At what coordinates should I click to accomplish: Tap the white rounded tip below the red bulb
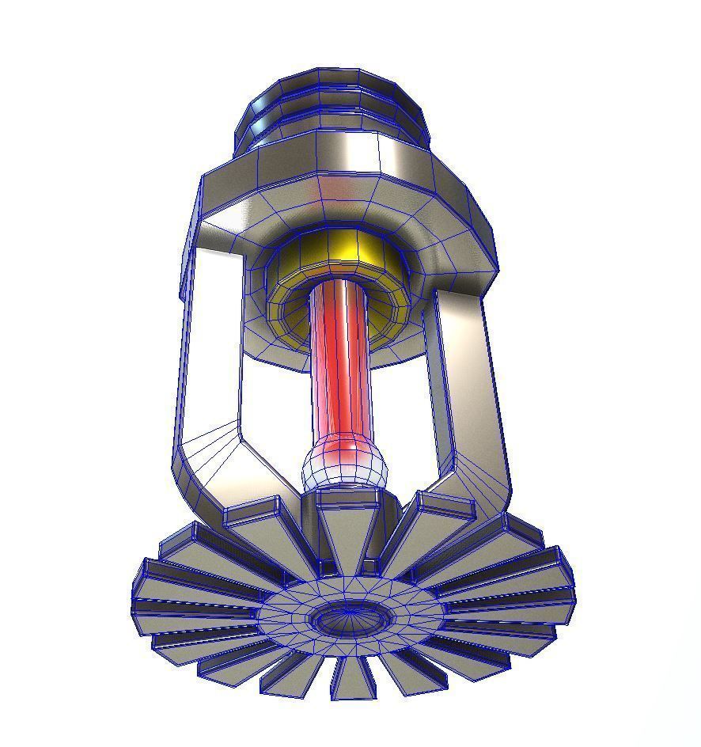346,468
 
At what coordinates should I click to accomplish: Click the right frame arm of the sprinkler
467,372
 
